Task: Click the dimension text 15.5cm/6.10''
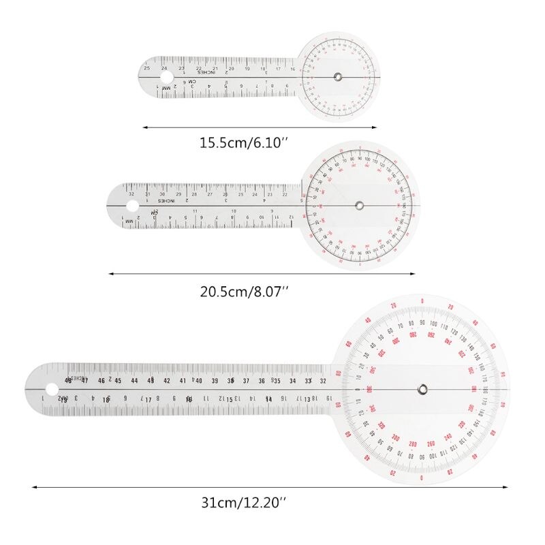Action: [244, 144]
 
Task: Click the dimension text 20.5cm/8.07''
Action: [244, 291]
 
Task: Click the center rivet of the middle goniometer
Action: [359, 204]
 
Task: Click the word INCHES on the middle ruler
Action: [167, 200]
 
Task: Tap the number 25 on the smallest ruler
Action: [146, 68]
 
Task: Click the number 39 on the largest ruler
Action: [215, 381]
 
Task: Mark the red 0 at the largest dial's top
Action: [422, 301]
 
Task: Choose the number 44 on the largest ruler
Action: [134, 381]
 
